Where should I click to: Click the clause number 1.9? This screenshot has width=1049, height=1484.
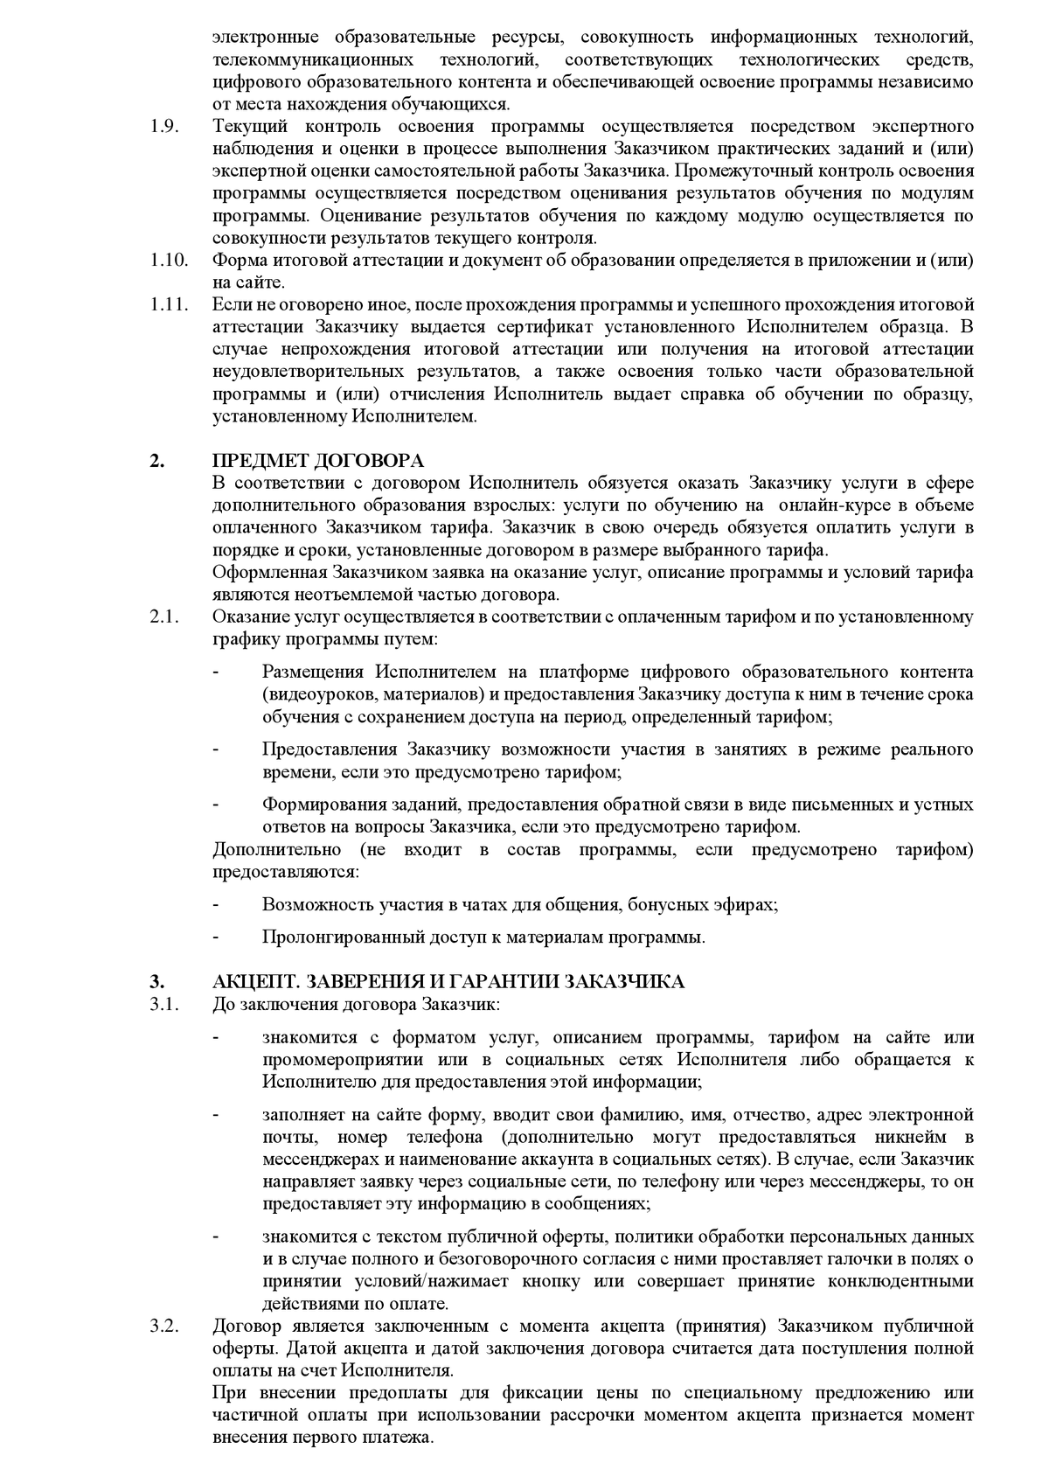(x=164, y=126)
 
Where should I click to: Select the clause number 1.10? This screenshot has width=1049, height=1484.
(x=169, y=260)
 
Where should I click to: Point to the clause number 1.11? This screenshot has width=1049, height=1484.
(x=169, y=305)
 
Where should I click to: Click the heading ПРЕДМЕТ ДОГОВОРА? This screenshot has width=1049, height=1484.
(x=318, y=461)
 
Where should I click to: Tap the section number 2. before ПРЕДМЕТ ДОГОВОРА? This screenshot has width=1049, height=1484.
(x=156, y=461)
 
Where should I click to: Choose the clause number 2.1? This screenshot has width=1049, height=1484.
(x=164, y=617)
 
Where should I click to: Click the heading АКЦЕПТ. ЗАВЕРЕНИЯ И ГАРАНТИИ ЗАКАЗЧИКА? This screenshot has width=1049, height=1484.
(x=448, y=981)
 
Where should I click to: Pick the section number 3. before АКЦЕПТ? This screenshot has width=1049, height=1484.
(x=156, y=981)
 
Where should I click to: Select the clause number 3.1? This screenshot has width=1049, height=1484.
(x=164, y=1003)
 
